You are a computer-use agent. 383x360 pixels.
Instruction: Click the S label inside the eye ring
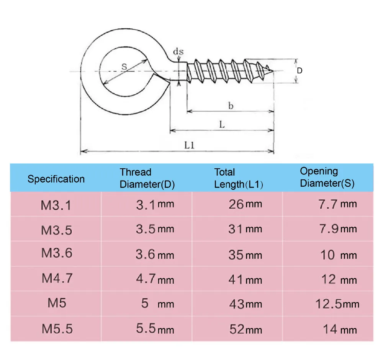click(x=124, y=67)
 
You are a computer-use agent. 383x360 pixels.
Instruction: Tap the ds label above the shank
click(x=178, y=51)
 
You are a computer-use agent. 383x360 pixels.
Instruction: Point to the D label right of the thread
click(x=300, y=71)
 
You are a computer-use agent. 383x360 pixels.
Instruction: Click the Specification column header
click(x=56, y=179)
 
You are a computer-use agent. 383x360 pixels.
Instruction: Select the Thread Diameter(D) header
click(x=147, y=178)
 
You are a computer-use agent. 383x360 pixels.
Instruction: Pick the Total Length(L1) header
click(x=238, y=178)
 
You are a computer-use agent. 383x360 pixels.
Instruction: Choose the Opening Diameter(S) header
click(x=327, y=177)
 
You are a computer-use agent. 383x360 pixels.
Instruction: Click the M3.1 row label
click(x=56, y=205)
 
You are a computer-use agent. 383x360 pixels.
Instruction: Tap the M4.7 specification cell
click(x=57, y=278)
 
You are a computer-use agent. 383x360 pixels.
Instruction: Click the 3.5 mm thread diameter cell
click(x=155, y=229)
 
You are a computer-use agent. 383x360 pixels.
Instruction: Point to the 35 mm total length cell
click(x=245, y=255)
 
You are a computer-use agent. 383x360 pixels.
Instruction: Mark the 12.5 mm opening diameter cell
click(x=337, y=304)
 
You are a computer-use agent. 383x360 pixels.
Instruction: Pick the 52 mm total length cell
click(x=245, y=329)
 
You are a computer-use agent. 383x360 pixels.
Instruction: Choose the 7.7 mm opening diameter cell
click(x=337, y=204)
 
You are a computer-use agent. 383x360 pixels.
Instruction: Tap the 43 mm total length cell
click(x=245, y=304)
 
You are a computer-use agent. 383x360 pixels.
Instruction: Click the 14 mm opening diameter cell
click(x=339, y=329)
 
